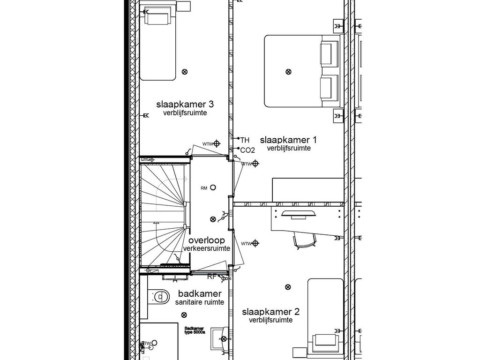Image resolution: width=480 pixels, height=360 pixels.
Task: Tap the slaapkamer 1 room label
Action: coord(288,140)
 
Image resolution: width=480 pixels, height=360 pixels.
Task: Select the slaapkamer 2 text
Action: coord(271,312)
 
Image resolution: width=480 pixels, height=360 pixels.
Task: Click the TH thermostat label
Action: coord(245,140)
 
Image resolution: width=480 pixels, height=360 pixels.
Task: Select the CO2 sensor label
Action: coord(247,150)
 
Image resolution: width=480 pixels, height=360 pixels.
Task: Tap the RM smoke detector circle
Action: coord(213,187)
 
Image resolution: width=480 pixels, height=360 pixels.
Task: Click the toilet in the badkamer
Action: coord(160,296)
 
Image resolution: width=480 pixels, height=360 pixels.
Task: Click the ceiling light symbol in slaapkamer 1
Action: coord(288,72)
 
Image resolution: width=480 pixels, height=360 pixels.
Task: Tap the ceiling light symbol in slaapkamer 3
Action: coord(184,72)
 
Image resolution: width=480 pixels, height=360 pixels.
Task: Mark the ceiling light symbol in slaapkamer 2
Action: coord(288,287)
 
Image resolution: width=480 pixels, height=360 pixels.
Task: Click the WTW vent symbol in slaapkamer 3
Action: coord(217,144)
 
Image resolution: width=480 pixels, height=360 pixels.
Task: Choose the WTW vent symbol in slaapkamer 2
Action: coord(255,243)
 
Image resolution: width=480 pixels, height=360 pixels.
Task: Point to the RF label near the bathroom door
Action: coord(212,277)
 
